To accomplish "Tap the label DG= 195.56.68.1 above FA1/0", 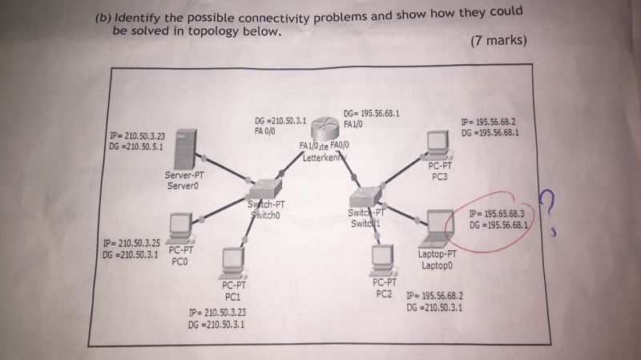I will click(371, 114).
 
